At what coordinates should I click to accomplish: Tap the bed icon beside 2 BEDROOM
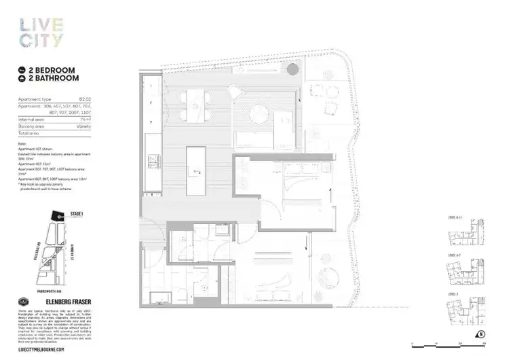22,70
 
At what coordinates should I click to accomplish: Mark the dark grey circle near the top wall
293,68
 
